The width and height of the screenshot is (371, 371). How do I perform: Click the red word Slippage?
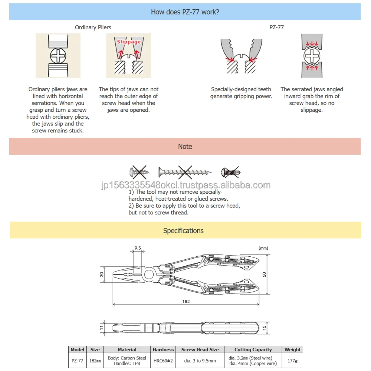[x=129, y=42]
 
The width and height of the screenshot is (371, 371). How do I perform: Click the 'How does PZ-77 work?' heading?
[x=185, y=12]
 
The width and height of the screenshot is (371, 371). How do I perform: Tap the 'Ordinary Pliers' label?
[x=93, y=27]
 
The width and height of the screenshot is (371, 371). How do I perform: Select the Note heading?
[x=185, y=147]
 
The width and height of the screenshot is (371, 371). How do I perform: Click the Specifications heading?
[x=183, y=231]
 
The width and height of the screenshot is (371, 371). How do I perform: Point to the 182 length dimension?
[x=186, y=301]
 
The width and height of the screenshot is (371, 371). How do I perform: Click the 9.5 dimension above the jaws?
[x=138, y=247]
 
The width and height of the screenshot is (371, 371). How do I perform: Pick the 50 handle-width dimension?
[x=264, y=274]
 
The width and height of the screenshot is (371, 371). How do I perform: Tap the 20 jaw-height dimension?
[x=102, y=274]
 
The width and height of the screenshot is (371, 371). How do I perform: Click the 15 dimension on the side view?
[x=264, y=328]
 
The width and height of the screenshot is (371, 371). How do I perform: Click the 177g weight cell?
[x=292, y=361]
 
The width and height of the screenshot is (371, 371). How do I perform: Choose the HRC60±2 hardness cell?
[x=163, y=361]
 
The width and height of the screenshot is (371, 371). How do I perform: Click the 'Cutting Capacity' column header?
[x=253, y=349]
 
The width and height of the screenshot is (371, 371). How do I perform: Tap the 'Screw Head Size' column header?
[x=200, y=349]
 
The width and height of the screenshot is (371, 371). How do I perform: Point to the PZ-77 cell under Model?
[x=77, y=361]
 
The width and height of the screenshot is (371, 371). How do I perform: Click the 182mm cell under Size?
[x=95, y=361]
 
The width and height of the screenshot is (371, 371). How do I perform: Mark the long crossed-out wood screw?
[x=185, y=171]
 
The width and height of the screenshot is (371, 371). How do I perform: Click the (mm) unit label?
[x=263, y=248]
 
